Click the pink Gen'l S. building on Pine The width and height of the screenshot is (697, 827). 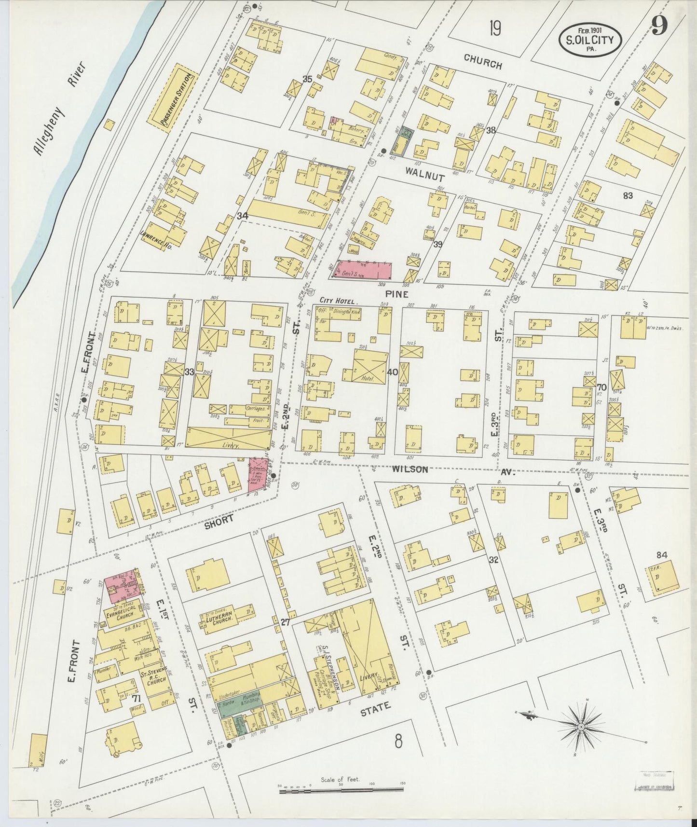point(363,271)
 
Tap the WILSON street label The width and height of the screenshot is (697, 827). point(410,469)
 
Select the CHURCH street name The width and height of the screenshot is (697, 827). point(482,62)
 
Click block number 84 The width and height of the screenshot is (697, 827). point(662,555)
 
